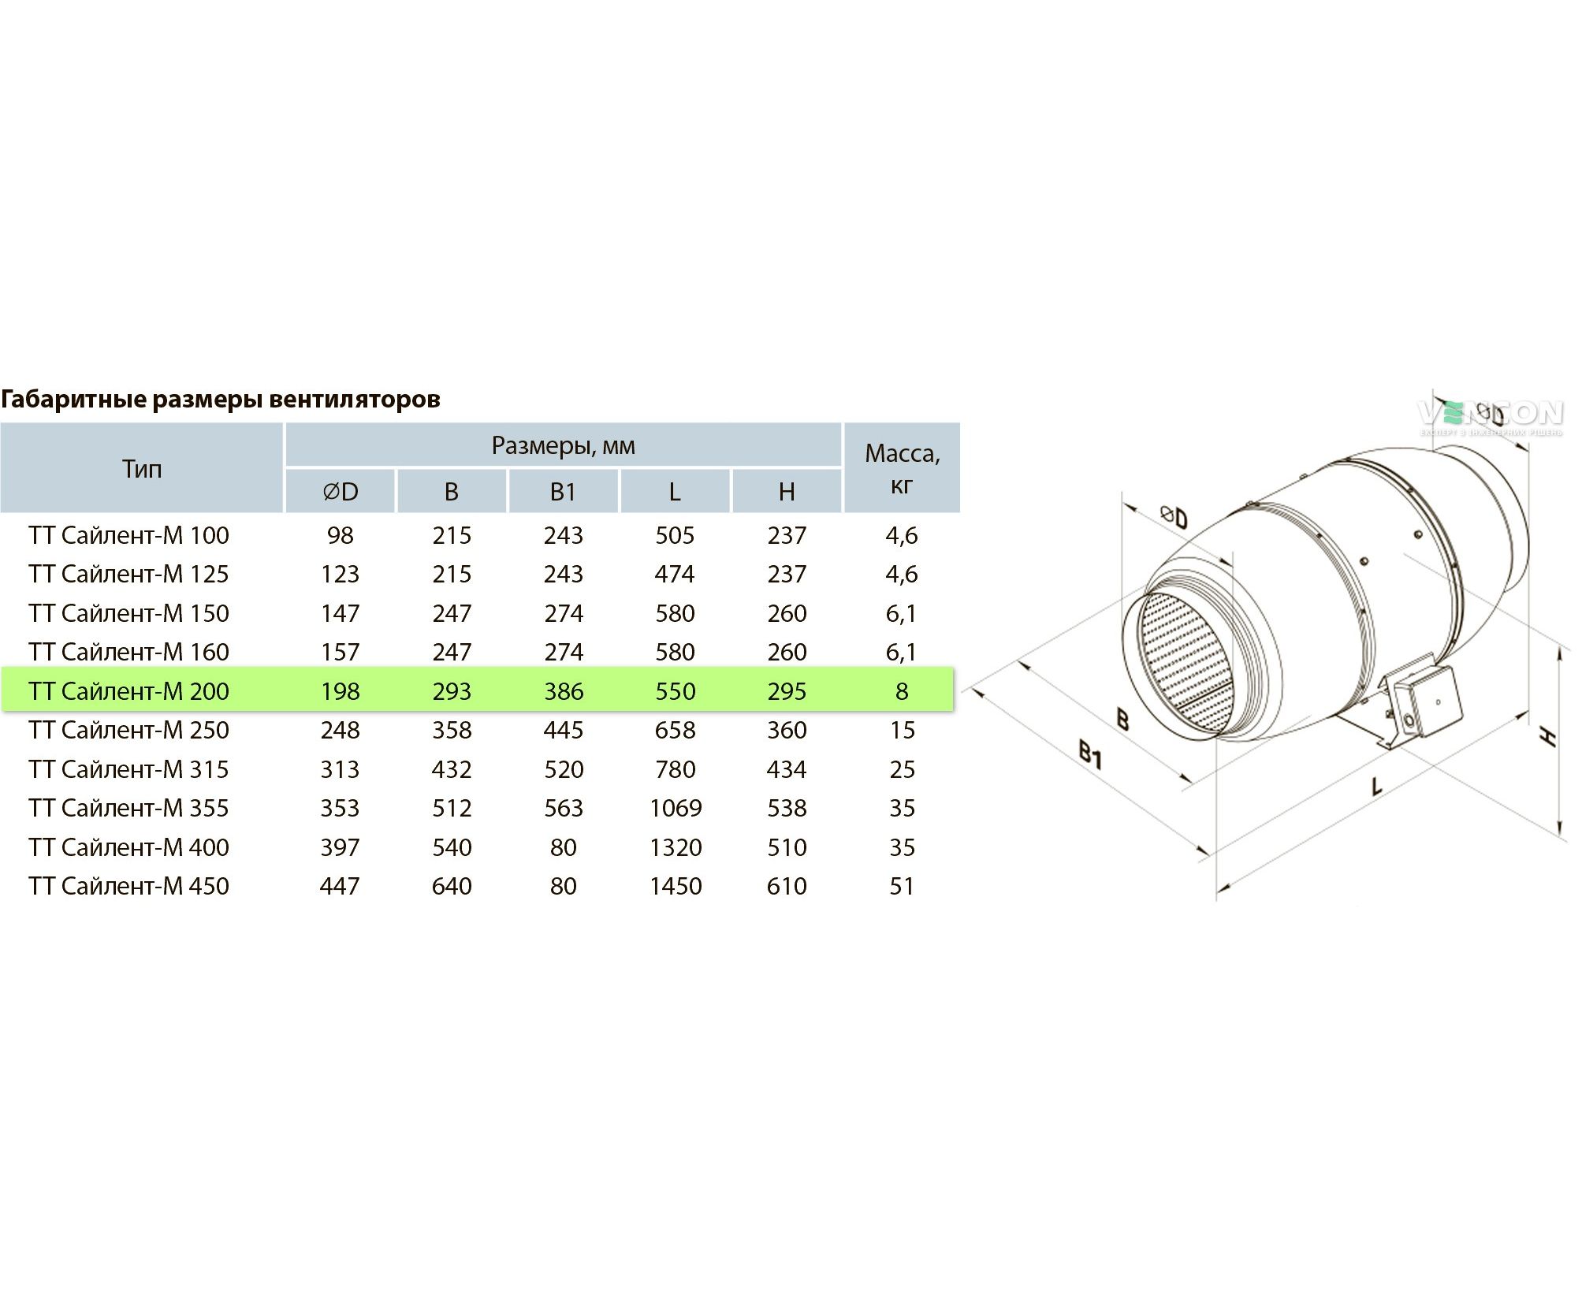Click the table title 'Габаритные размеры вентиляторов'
pos(221,400)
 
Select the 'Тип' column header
pos(142,469)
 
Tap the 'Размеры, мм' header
pos(563,446)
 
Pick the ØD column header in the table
pos(341,492)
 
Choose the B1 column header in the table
pos(563,492)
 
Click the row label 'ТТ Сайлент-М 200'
pos(129,691)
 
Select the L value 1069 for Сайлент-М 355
pos(676,808)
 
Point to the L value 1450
pos(676,886)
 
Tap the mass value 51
pos(902,886)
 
